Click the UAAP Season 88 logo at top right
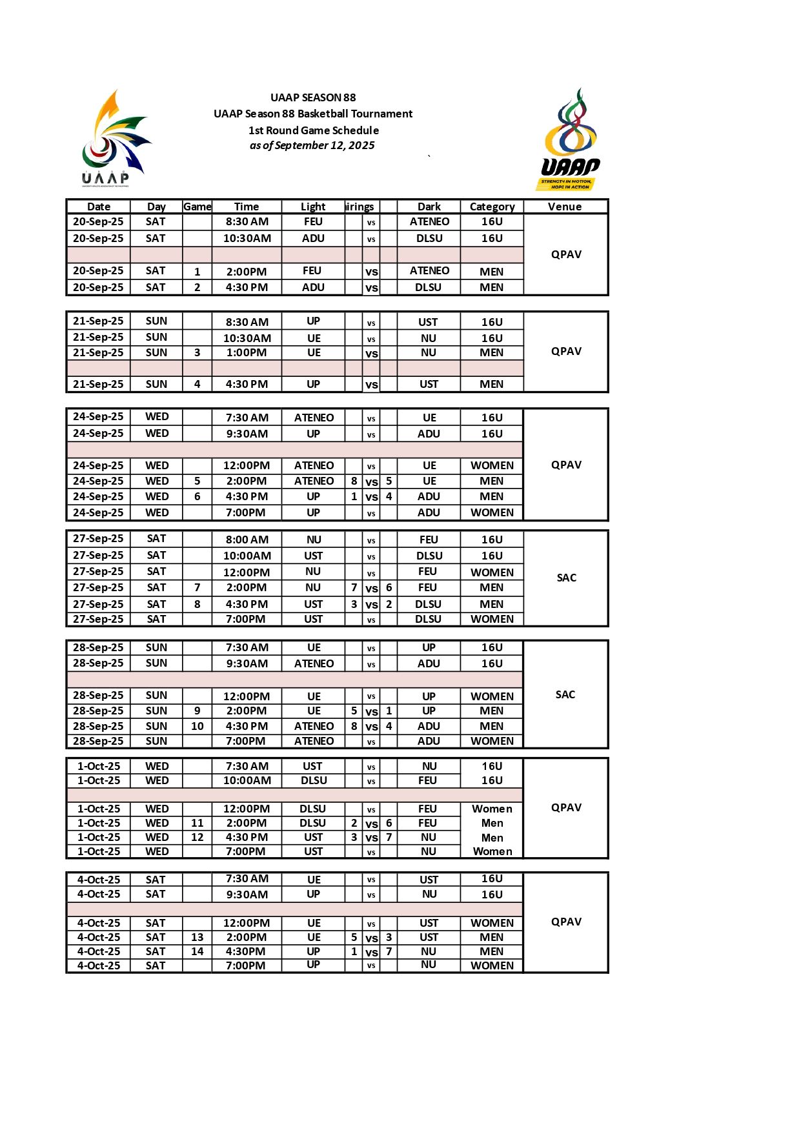[x=570, y=139]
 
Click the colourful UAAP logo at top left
[x=116, y=138]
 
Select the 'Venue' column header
[x=565, y=207]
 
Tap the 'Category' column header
[x=492, y=207]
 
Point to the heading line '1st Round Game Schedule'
[x=313, y=130]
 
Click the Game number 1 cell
[x=197, y=272]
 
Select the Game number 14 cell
[x=197, y=951]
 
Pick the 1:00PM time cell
[x=247, y=353]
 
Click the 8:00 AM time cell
[x=247, y=540]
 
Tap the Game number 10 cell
[x=197, y=726]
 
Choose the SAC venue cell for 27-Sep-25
[x=566, y=578]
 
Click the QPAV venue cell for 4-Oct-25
[x=566, y=922]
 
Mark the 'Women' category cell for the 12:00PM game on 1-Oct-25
[x=492, y=809]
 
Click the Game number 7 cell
[x=197, y=587]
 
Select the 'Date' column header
[x=99, y=207]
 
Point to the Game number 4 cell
[x=197, y=384]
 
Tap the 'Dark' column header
[x=429, y=207]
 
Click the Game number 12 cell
[x=197, y=837]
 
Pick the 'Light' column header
[x=313, y=207]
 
